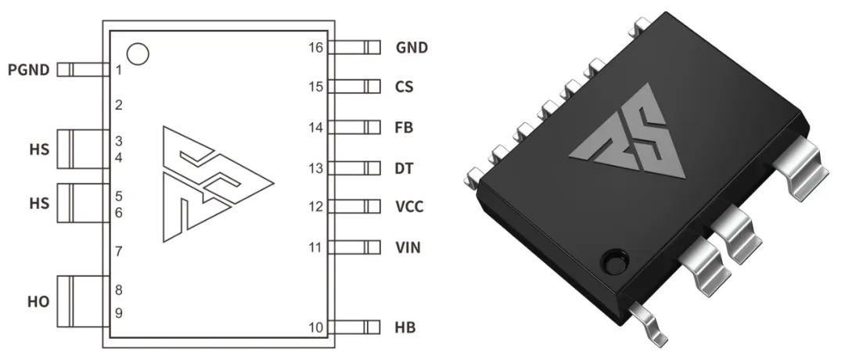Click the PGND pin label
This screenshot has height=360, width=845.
[29, 70]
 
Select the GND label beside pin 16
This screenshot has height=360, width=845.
[412, 48]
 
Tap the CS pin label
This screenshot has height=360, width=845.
[405, 87]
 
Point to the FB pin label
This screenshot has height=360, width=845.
[405, 128]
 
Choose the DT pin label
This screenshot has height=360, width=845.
[405, 168]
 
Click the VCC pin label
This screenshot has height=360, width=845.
[410, 207]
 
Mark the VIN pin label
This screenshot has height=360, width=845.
[408, 248]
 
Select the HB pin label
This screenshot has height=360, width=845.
[405, 327]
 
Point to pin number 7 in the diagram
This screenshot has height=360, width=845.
[118, 252]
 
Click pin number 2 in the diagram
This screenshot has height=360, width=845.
[118, 106]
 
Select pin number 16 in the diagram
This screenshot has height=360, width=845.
[316, 48]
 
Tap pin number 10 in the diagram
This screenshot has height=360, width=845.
[316, 327]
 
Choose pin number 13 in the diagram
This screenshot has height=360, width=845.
[316, 168]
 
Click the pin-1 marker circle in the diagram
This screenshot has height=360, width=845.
[138, 54]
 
